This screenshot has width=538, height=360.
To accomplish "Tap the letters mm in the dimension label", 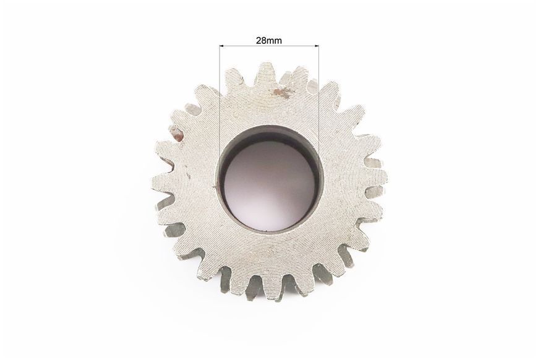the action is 274,41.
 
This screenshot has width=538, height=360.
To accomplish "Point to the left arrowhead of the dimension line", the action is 221,46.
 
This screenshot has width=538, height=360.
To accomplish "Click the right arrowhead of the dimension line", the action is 317,46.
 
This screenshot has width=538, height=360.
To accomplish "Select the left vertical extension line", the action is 220,116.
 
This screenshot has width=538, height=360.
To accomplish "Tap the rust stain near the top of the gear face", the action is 282,93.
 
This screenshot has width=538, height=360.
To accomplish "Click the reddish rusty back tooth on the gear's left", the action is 176,133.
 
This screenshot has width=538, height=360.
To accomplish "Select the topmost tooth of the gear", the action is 267,74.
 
